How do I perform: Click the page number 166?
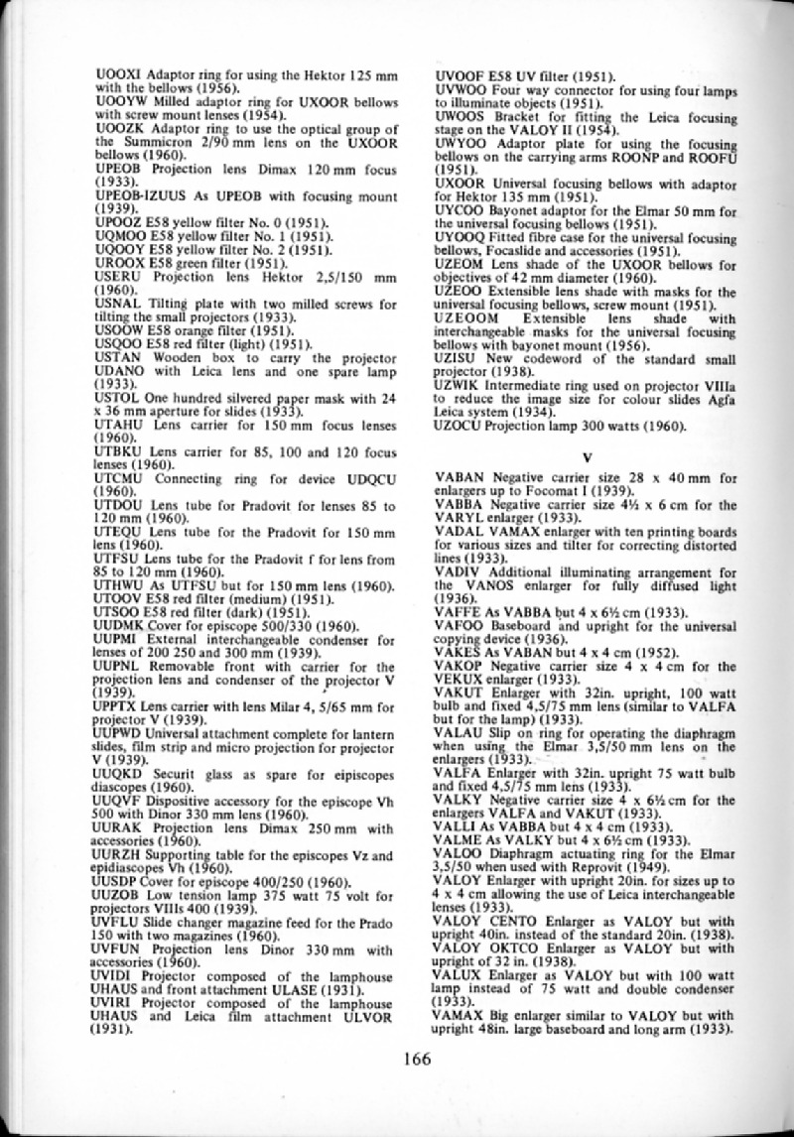pos(416,1059)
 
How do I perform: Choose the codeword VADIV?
pos(459,572)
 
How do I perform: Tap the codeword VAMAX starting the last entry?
pos(461,1015)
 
